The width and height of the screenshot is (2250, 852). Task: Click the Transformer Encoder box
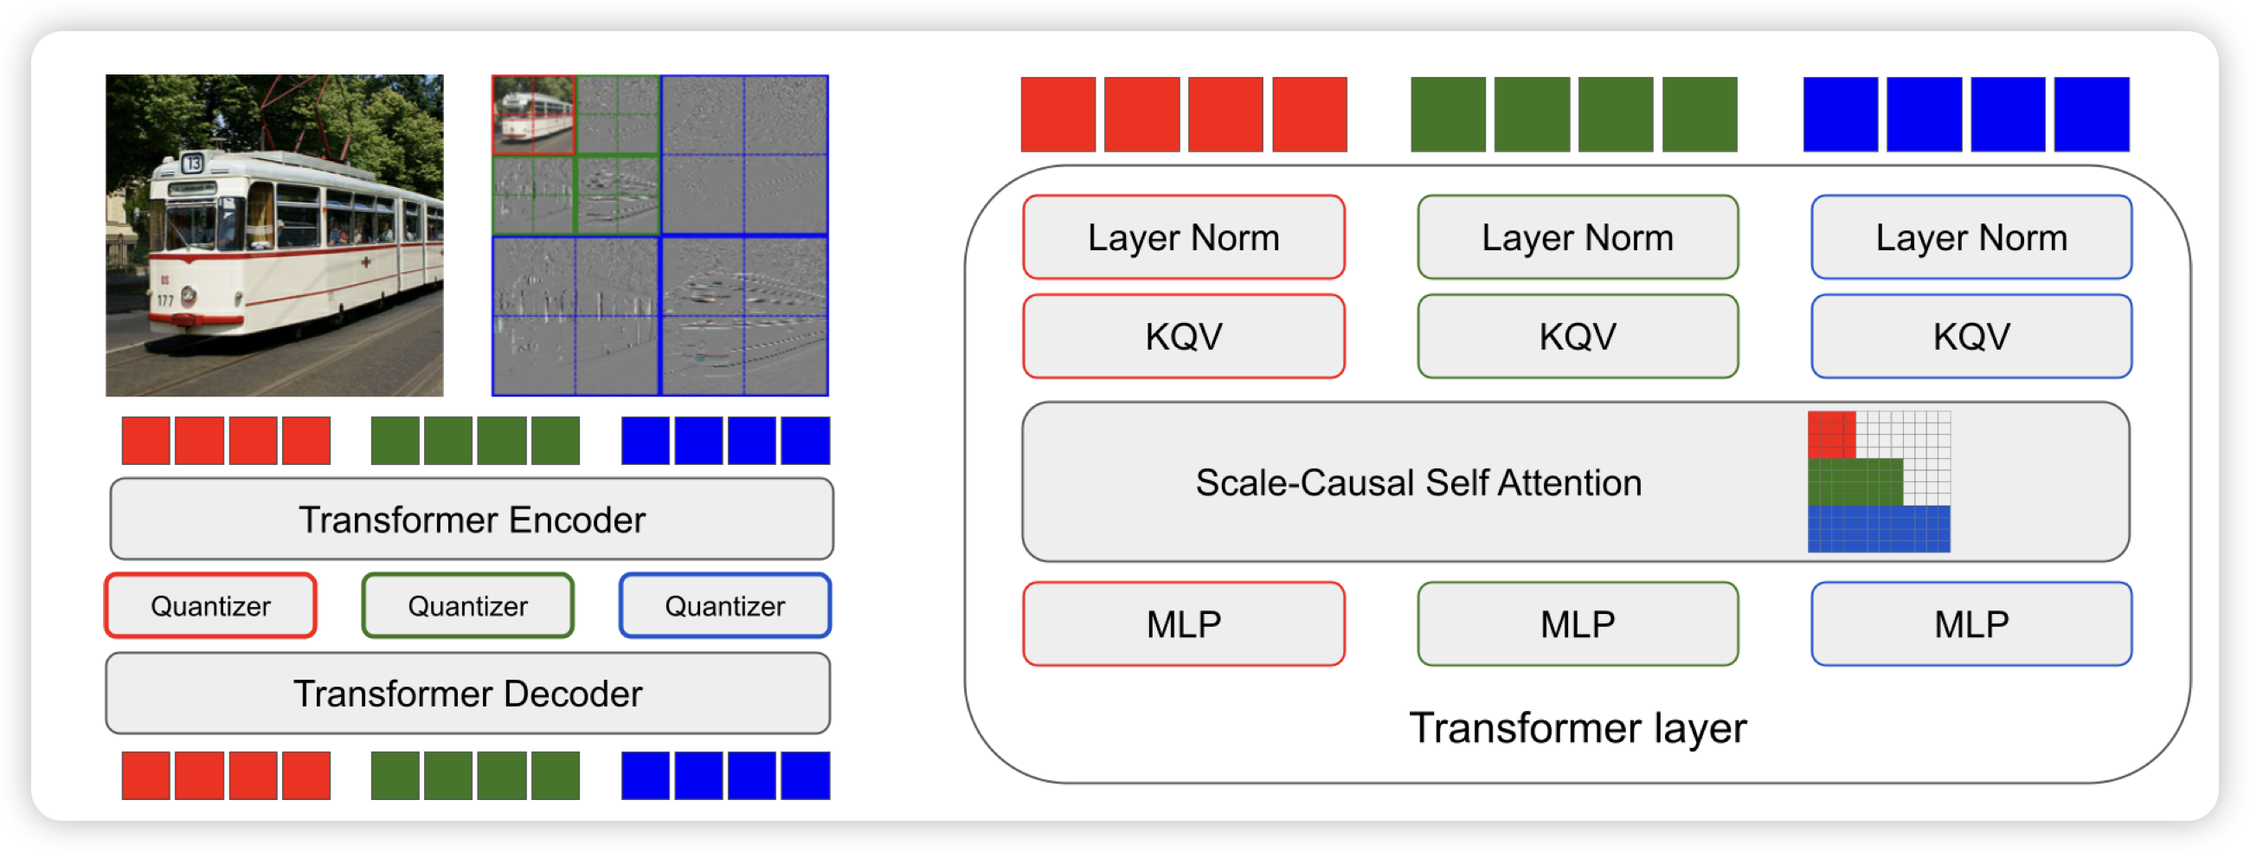click(472, 519)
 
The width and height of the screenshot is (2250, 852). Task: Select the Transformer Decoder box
click(468, 693)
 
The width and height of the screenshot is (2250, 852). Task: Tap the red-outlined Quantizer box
click(210, 605)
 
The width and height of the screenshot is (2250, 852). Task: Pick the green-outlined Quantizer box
click(468, 605)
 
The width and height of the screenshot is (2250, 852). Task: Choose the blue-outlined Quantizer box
click(725, 605)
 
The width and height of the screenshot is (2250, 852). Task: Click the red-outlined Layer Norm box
click(1184, 237)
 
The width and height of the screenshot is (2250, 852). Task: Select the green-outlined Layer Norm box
click(1578, 237)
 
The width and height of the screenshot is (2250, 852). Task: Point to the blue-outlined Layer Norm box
click(1971, 237)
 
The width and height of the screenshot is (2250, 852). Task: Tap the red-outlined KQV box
click(1184, 337)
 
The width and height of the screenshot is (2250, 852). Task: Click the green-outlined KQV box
click(1578, 337)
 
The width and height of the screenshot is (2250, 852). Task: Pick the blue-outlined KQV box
click(1971, 337)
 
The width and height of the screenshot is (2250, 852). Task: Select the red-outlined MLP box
click(1184, 624)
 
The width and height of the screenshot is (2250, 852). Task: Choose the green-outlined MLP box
click(1578, 624)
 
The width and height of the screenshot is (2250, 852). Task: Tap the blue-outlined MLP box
click(1971, 624)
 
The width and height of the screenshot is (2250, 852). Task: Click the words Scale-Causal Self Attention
click(1418, 482)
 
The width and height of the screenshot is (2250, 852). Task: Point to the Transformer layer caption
click(1578, 727)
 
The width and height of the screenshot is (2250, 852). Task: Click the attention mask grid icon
click(1879, 481)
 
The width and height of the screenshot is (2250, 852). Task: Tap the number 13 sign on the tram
click(193, 163)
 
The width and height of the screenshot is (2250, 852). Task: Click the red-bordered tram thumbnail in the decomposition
click(534, 115)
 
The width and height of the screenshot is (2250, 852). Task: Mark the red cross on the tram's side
click(367, 261)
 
